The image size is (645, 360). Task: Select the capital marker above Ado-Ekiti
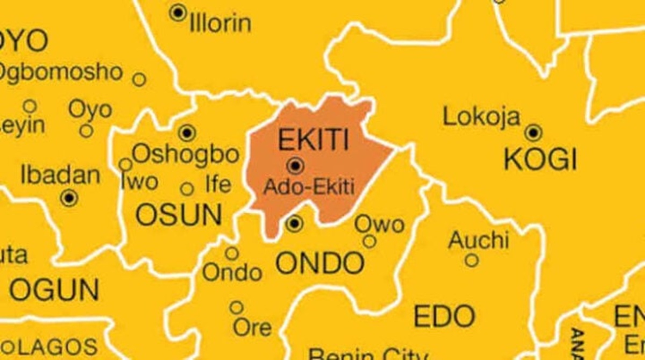pos(295,165)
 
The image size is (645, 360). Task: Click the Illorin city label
pos(220,24)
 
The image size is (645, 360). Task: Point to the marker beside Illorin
pos(178,12)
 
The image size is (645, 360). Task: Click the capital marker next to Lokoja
pos(533,132)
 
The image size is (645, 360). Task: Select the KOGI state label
pos(540,160)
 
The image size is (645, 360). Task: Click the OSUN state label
pos(178,215)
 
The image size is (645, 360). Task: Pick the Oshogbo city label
pos(185,155)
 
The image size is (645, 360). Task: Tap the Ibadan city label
pos(60,175)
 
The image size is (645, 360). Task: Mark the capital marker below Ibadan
pos(69,198)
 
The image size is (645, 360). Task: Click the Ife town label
pos(218,185)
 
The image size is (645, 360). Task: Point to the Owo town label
pos(379,224)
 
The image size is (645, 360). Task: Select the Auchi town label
pos(478,240)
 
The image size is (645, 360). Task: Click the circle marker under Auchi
pos(471,261)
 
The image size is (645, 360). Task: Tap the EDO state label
pos(445,316)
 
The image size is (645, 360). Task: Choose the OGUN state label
pos(54,291)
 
